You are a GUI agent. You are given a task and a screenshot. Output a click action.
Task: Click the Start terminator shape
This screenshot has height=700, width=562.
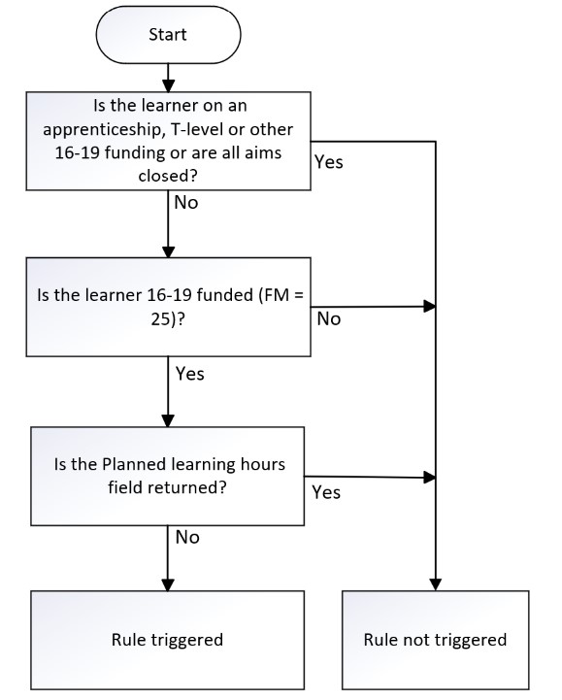click(168, 34)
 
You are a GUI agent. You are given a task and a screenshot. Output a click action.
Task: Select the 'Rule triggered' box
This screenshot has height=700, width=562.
click(167, 640)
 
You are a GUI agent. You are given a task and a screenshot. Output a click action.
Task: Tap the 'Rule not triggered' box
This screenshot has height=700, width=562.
click(435, 640)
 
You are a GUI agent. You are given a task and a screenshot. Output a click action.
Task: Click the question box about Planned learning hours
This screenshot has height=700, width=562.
click(167, 476)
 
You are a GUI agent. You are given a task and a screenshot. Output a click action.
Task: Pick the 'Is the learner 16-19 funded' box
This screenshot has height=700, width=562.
click(168, 307)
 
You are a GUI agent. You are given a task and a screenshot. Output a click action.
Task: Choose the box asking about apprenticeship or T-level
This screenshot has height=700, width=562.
click(168, 141)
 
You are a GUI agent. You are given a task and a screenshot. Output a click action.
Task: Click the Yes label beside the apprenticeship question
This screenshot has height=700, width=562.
click(328, 162)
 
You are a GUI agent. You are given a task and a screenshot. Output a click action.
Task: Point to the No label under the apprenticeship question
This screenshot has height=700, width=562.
click(186, 203)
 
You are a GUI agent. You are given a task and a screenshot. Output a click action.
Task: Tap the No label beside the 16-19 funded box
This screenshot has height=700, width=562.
click(329, 319)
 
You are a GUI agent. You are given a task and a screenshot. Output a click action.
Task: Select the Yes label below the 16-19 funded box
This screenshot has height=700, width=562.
click(189, 374)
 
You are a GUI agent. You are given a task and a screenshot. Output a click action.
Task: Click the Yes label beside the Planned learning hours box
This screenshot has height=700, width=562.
click(326, 492)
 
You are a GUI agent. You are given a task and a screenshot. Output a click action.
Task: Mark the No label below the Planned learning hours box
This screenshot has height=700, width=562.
click(187, 538)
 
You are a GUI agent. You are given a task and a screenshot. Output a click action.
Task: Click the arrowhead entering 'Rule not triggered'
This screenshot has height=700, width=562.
click(435, 584)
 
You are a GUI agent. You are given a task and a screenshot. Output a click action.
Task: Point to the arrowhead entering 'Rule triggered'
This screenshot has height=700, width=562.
click(168, 584)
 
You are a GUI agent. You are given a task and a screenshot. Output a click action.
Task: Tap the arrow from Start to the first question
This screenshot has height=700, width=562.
click(168, 78)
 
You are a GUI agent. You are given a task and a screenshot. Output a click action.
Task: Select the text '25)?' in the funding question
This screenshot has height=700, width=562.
click(167, 319)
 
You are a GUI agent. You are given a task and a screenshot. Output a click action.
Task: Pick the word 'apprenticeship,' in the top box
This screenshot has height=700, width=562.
click(102, 130)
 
